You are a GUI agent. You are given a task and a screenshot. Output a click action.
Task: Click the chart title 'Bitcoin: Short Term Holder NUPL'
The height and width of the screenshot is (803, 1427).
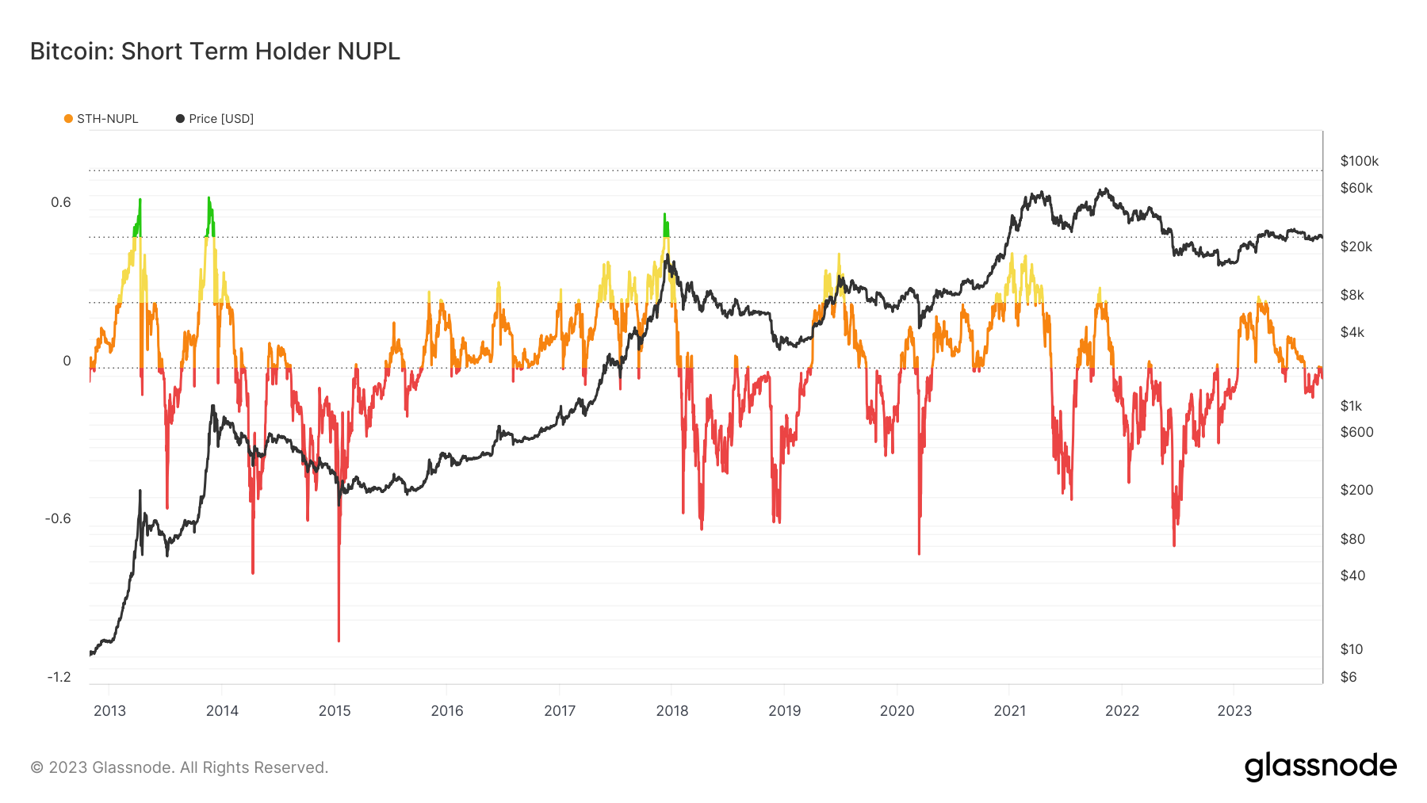pyautogui.click(x=215, y=52)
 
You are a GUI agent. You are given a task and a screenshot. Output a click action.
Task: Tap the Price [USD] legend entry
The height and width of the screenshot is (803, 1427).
pyautogui.click(x=215, y=119)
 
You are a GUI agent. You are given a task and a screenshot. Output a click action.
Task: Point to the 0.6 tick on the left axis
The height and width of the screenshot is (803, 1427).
pyautogui.click(x=61, y=202)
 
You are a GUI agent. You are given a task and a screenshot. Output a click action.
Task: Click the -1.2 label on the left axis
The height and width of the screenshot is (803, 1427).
pyautogui.click(x=59, y=677)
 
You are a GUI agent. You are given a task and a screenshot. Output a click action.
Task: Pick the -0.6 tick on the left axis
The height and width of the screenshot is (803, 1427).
pyautogui.click(x=59, y=518)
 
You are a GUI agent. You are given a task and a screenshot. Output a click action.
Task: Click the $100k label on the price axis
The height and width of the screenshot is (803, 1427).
pyautogui.click(x=1359, y=162)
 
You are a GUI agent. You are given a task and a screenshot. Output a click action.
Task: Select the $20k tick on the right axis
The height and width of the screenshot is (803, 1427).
pyautogui.click(x=1356, y=247)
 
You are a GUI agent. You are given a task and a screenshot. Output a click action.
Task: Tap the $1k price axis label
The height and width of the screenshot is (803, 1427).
pyautogui.click(x=1351, y=406)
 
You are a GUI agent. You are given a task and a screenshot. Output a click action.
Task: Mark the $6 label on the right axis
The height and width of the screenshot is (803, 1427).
pyautogui.click(x=1348, y=677)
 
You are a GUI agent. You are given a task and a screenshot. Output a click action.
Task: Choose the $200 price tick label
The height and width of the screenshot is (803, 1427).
pyautogui.click(x=1356, y=490)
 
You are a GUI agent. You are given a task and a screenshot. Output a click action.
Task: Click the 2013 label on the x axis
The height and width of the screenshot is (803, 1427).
pyautogui.click(x=109, y=710)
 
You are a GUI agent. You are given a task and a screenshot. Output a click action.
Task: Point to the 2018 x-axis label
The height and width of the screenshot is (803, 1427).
pyautogui.click(x=672, y=710)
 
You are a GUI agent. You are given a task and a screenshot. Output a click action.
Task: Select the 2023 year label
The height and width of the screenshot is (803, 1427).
pyautogui.click(x=1234, y=710)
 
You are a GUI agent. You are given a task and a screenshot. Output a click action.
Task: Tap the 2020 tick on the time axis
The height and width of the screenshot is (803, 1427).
pyautogui.click(x=897, y=710)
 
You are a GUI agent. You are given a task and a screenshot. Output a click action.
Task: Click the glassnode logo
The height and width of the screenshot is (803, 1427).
pyautogui.click(x=1320, y=767)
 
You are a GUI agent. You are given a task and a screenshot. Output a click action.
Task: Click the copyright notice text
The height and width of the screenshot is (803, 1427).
pyautogui.click(x=179, y=767)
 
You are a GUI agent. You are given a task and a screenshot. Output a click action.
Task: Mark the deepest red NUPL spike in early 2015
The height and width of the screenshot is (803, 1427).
pyautogui.click(x=339, y=638)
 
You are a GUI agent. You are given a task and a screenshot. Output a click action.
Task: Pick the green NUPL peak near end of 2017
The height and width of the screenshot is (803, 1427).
pyautogui.click(x=665, y=216)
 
